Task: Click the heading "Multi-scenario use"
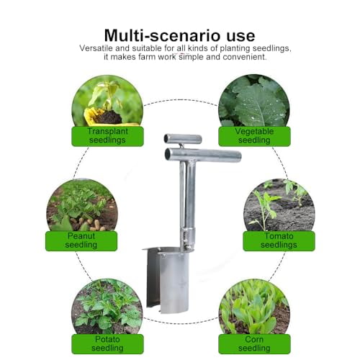179,35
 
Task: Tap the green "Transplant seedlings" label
106,135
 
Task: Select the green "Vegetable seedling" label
253,135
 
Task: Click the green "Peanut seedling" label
81,240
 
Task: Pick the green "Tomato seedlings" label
278,240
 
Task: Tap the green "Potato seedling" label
106,343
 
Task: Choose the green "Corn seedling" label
253,343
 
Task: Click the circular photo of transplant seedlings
106,101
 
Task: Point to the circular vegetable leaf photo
253,101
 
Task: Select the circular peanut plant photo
81,205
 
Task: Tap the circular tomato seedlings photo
278,205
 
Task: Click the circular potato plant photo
106,306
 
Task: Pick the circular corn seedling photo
253,306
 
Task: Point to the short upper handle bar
184,138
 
